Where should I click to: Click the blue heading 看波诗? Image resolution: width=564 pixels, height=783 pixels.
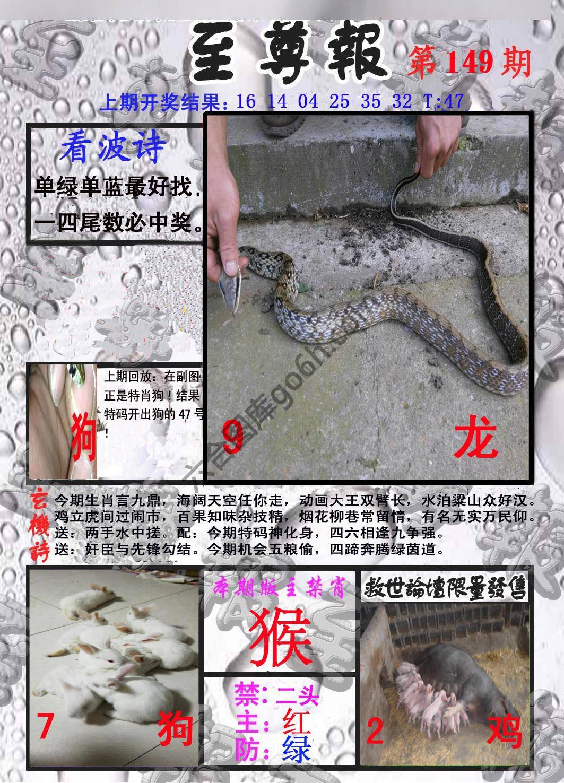tap(113, 149)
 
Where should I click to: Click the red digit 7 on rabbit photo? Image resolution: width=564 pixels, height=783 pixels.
tap(45, 726)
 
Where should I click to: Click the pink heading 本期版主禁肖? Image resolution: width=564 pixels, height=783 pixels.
tap(280, 588)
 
